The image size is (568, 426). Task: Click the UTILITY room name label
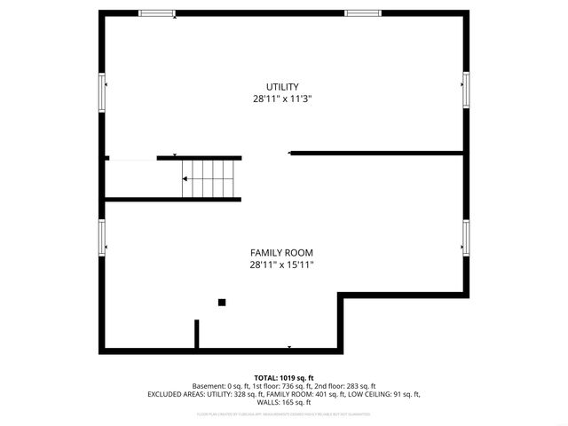point(282,86)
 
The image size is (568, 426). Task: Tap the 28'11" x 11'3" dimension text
point(282,99)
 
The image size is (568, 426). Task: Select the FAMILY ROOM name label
point(281,252)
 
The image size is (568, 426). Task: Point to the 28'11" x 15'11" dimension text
point(281,264)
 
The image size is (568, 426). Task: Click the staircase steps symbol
point(210,178)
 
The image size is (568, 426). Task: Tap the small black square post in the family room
point(222,302)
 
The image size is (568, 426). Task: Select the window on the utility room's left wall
point(102,91)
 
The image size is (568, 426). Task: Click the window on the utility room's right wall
point(465,90)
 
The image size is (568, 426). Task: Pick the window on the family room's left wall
point(102,237)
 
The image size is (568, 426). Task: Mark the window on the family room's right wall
point(465,237)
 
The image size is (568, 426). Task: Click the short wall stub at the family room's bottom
point(197,335)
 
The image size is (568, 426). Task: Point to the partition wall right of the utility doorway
point(377,153)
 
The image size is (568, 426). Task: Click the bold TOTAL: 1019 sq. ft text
point(284,378)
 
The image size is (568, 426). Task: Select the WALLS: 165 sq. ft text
point(284,402)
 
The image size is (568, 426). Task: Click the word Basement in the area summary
point(209,386)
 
